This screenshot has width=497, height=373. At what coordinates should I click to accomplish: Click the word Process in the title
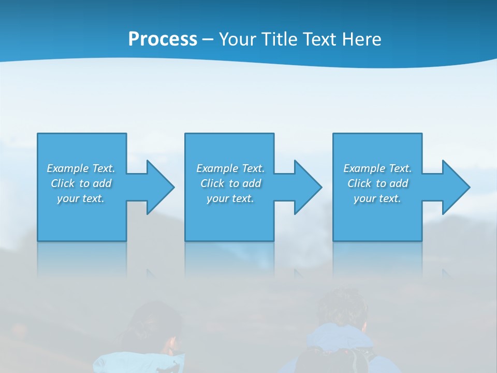point(163,39)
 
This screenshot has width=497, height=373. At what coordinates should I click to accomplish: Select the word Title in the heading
point(279,39)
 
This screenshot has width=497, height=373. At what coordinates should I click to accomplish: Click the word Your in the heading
point(238,39)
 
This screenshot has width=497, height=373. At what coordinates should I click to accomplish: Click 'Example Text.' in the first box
point(81,168)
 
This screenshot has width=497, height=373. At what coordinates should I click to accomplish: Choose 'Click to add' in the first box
point(81,183)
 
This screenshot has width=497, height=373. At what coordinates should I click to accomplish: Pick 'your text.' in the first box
point(81,198)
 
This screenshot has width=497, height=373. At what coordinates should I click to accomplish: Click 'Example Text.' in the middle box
point(230,168)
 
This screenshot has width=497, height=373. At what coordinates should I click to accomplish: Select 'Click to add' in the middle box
point(230,183)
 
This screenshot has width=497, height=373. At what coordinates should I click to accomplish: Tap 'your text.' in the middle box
point(230,198)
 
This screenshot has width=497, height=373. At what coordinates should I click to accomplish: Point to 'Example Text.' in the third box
point(377,168)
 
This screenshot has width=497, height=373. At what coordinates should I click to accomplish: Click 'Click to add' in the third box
point(377,183)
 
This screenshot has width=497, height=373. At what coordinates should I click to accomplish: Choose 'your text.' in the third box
point(377,198)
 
